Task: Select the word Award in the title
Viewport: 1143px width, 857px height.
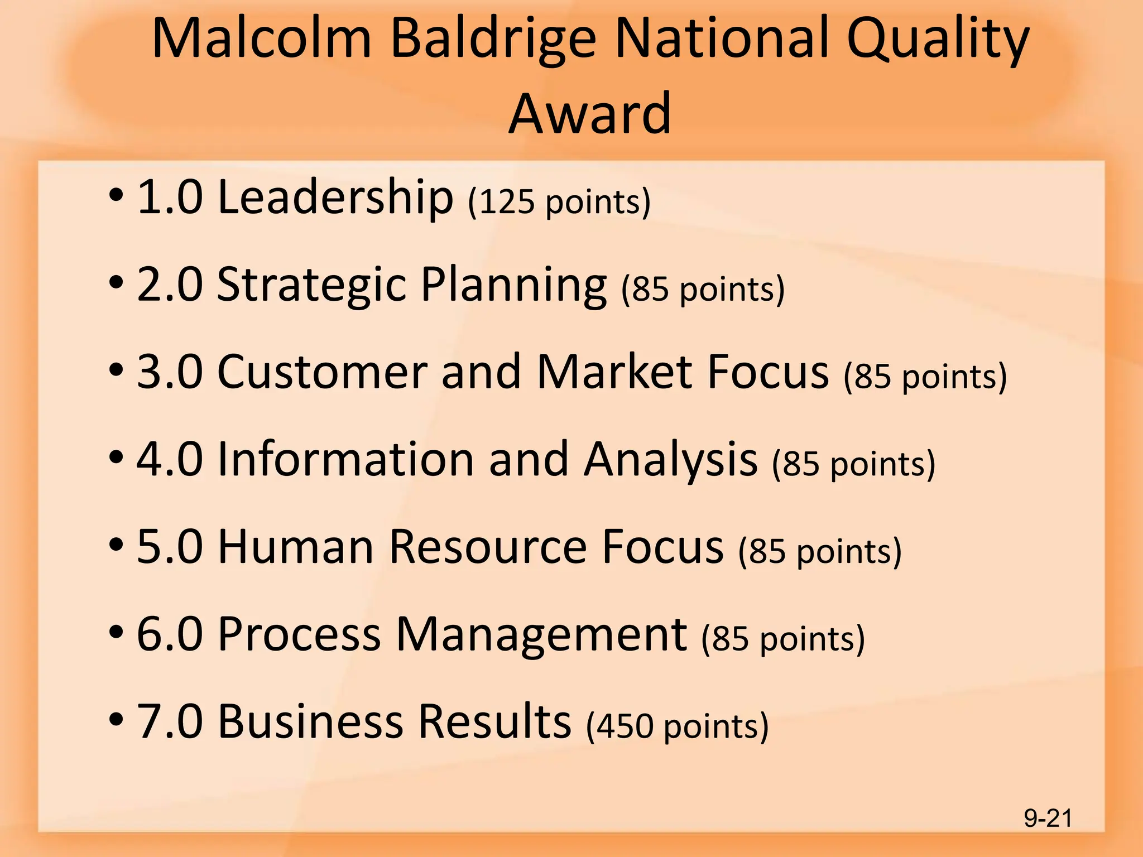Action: tap(590, 114)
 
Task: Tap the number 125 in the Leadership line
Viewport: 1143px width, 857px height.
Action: tap(507, 202)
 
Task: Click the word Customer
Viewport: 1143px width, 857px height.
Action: tap(322, 372)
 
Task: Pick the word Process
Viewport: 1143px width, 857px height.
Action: tap(299, 634)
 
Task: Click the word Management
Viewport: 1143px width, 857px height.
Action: tap(541, 635)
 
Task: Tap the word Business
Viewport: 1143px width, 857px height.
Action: tap(310, 721)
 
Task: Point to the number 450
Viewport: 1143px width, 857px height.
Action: tap(625, 726)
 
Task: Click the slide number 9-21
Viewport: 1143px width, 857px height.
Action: tap(1048, 819)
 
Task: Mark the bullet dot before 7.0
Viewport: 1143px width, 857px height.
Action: tap(116, 719)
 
